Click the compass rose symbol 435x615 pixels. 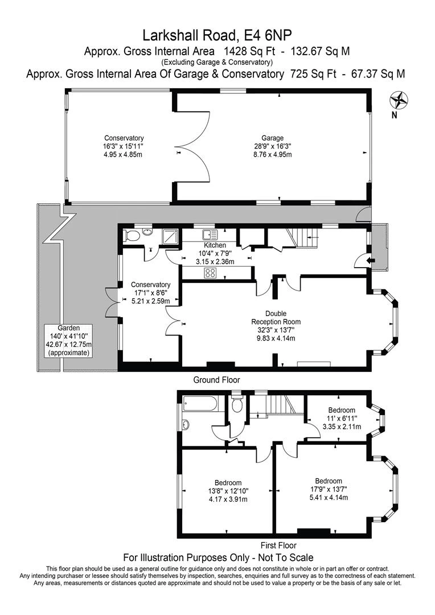point(399,100)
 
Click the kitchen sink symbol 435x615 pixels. point(209,234)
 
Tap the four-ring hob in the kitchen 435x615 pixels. point(210,272)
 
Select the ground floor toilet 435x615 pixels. point(132,235)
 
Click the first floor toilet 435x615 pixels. point(237,404)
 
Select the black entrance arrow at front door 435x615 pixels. point(371,260)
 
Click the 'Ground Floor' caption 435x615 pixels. point(217,380)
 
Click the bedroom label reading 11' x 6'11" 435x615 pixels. point(341,418)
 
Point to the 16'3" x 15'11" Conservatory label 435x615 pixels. point(124,146)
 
